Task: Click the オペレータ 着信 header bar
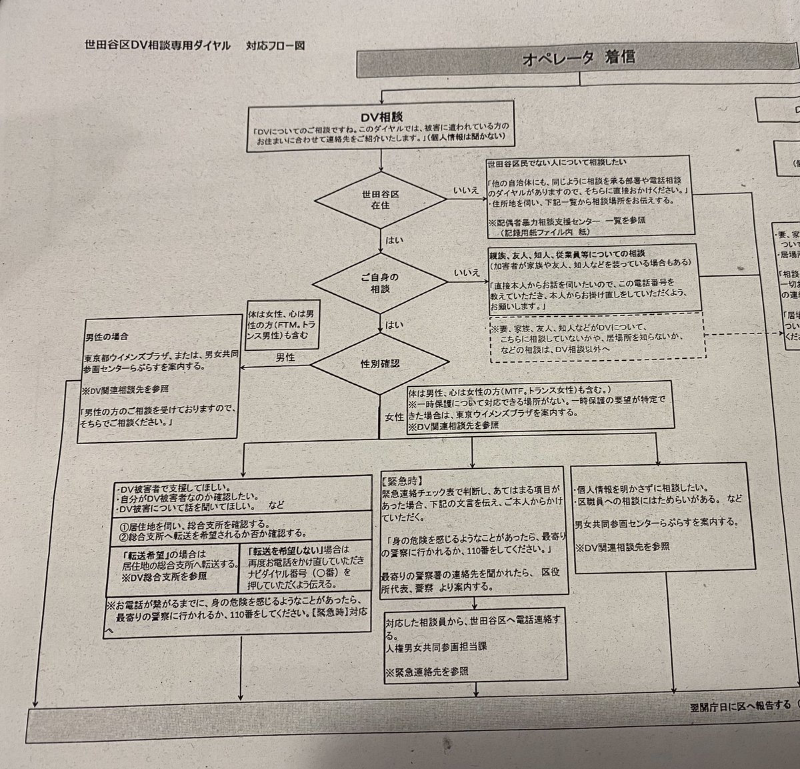(x=579, y=57)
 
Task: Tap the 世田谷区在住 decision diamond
(x=381, y=199)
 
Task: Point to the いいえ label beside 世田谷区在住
(x=466, y=191)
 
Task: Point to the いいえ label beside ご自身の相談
(x=466, y=272)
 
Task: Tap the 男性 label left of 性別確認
(x=285, y=357)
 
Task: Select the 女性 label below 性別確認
(x=394, y=416)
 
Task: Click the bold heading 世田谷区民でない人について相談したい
(x=556, y=163)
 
